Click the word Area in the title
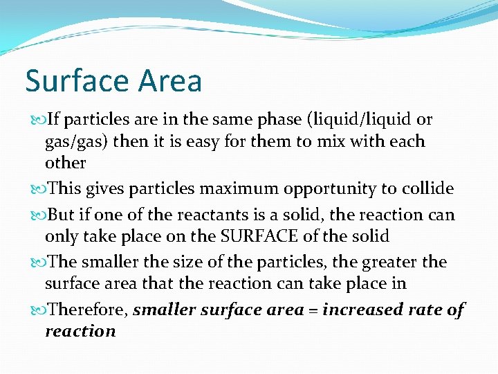click(169, 81)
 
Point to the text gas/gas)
click(76, 142)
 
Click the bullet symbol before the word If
click(36, 120)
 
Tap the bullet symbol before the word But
click(36, 215)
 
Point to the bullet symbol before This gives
click(36, 189)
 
